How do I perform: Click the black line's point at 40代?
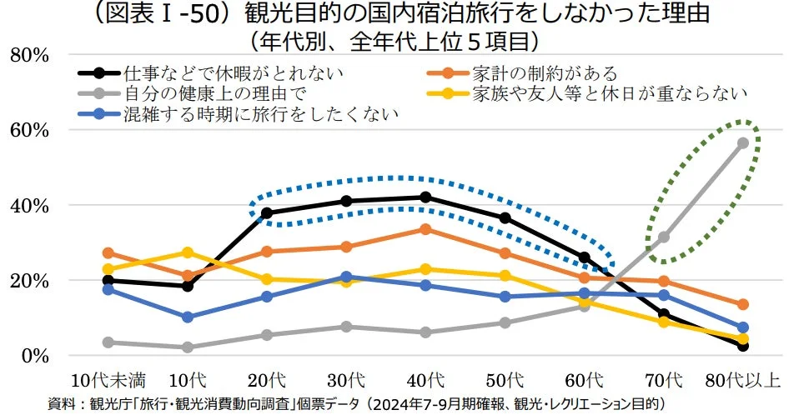coord(425,197)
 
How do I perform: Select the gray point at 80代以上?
coord(742,143)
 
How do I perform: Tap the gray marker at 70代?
coord(664,237)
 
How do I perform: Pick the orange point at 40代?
coord(425,229)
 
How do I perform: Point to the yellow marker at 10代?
coord(188,252)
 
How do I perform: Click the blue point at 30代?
coord(346,277)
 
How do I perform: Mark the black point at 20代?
coord(267,213)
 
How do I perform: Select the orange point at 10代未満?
coord(108,252)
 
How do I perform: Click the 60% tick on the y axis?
coord(30,130)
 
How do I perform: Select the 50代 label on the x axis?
coord(505,381)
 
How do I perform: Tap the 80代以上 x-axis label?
coord(742,381)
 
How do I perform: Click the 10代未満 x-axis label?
coord(108,381)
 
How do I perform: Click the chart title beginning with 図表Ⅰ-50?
coord(404,15)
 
